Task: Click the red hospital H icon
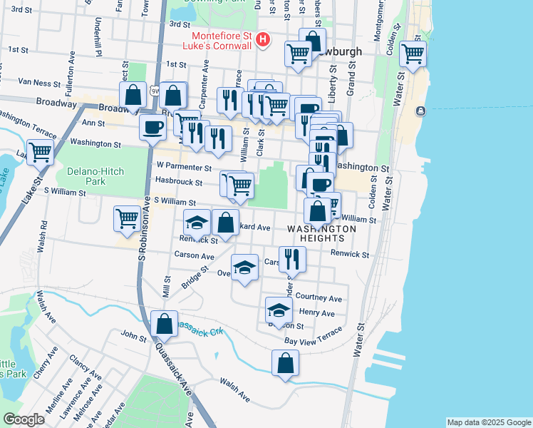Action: click(x=264, y=40)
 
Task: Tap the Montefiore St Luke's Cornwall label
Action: click(x=220, y=41)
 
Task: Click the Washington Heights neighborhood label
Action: click(x=322, y=233)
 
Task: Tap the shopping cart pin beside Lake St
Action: click(x=41, y=151)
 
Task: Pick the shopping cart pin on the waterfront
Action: click(x=413, y=53)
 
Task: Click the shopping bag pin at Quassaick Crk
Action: click(x=165, y=322)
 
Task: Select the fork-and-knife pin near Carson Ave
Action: click(x=292, y=258)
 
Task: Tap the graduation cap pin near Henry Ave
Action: click(x=279, y=309)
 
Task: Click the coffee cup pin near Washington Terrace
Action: click(x=152, y=128)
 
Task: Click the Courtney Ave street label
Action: click(x=319, y=298)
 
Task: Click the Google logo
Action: click(x=23, y=419)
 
